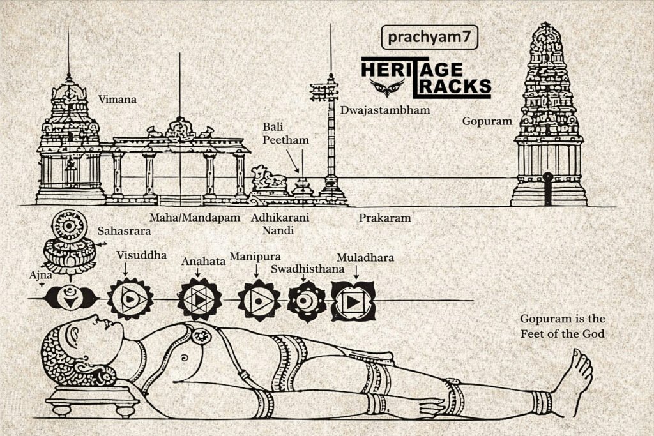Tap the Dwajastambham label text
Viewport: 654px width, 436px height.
[x=384, y=110]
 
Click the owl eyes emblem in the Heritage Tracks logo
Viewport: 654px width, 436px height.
[x=383, y=86]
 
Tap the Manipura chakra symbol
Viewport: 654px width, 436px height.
[x=259, y=299]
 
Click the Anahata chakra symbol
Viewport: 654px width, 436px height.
[x=200, y=299]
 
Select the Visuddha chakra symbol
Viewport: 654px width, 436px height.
[x=130, y=299]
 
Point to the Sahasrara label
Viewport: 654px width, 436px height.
[x=124, y=231]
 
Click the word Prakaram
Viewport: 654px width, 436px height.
[x=384, y=218]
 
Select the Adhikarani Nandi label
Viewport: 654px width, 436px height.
[x=280, y=223]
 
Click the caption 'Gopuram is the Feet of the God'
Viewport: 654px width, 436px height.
[x=562, y=326]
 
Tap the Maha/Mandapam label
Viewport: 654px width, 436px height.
[x=194, y=218]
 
